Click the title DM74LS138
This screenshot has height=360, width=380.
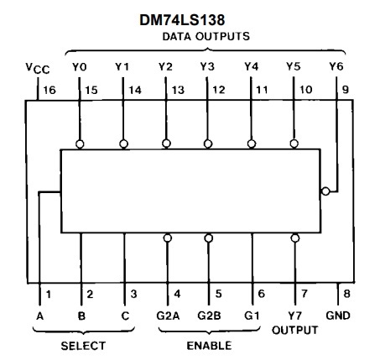[x=189, y=18]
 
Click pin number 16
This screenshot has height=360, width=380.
[x=49, y=87]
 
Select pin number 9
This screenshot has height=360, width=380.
[x=346, y=87]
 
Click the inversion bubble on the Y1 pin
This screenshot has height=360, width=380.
[x=123, y=144]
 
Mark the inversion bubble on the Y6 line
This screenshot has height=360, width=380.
[x=325, y=190]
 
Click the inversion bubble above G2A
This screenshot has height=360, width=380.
[x=166, y=237]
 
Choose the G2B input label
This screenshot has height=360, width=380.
[x=209, y=316]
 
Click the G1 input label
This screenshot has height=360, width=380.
[x=252, y=316]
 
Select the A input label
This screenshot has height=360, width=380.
[x=39, y=316]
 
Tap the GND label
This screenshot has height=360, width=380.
[x=339, y=316]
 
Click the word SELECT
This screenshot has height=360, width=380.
[x=82, y=345]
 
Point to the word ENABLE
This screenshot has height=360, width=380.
[x=208, y=345]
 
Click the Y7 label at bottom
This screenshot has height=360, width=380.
[x=294, y=316]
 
